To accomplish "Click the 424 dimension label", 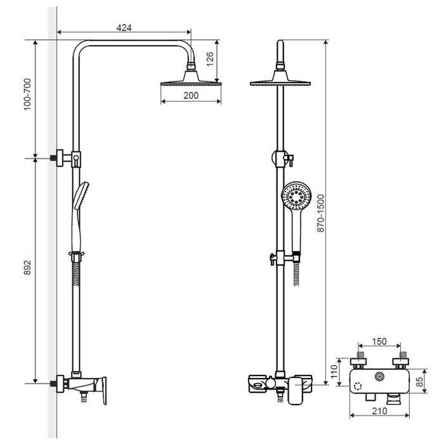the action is point(124,27).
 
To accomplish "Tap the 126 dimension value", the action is point(210,59).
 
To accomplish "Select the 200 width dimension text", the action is point(191,95).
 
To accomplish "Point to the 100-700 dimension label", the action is point(27,94).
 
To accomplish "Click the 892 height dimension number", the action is point(27,268).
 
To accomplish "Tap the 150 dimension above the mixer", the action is point(379,341).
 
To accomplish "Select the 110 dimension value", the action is point(334,371).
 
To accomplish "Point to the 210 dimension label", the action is point(379,411).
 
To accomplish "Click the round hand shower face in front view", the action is point(296,196).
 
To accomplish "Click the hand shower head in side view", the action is point(81,196).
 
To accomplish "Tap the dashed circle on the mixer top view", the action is point(358,386).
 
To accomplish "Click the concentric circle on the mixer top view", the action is point(379,376).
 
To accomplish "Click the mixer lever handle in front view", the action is point(296,390).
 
